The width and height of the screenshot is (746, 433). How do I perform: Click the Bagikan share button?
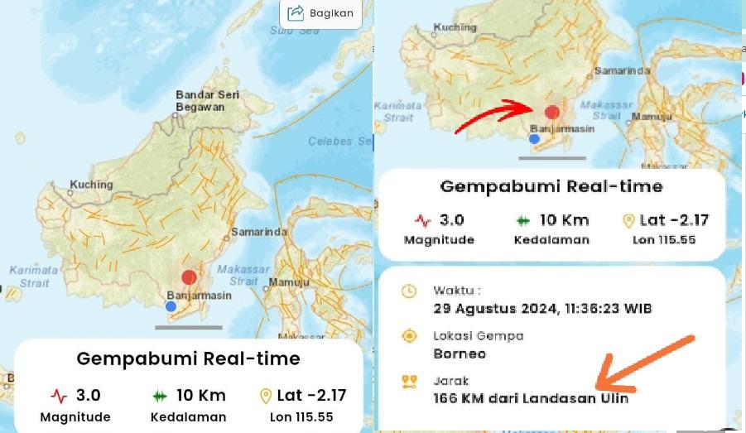320,12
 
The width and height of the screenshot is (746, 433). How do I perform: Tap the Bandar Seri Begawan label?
207,101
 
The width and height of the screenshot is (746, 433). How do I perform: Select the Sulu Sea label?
294,31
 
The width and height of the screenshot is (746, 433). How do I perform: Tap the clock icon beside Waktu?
408,291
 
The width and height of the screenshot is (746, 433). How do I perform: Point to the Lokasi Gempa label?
478,336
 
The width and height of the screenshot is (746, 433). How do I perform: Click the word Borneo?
460,354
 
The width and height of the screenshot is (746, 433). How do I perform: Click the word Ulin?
614,398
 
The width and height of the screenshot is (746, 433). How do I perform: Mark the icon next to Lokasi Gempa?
408,336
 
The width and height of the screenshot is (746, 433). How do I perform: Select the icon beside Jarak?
408,382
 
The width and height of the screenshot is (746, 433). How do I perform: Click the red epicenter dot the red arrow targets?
553,112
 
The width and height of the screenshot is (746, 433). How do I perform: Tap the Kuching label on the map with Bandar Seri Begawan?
90,185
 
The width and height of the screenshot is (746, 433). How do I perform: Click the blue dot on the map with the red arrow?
534,138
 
